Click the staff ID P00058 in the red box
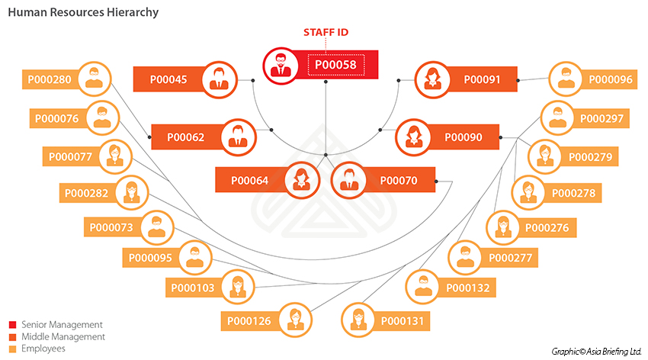click(x=335, y=66)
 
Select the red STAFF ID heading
click(x=326, y=33)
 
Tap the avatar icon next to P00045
click(x=220, y=79)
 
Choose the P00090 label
click(x=463, y=137)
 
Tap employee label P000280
click(x=50, y=79)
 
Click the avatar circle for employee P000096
click(x=565, y=79)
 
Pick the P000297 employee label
click(x=601, y=118)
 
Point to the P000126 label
click(x=248, y=321)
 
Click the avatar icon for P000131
click(x=356, y=320)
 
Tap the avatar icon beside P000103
click(x=237, y=287)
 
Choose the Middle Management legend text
click(x=63, y=336)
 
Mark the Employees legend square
click(x=12, y=349)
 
